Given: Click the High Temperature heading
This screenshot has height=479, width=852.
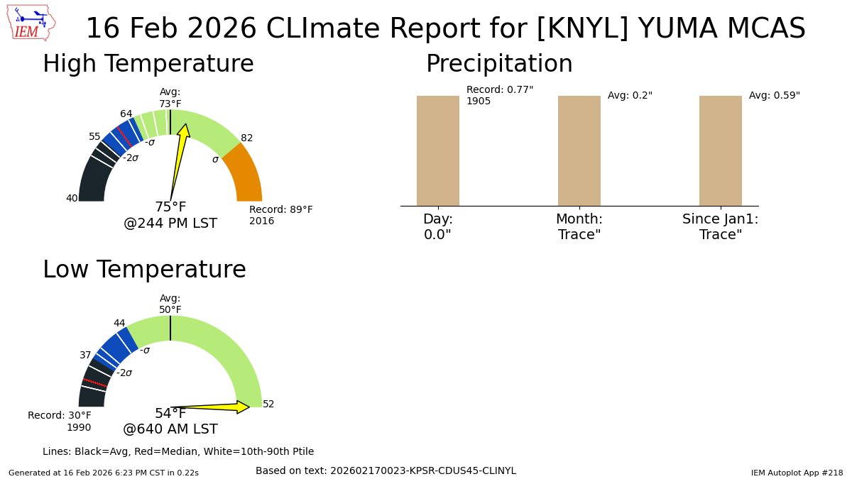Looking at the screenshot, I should pos(148,64).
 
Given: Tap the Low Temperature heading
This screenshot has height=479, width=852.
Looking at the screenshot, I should pos(144,270).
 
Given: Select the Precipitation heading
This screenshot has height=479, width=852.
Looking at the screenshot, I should pos(498,64).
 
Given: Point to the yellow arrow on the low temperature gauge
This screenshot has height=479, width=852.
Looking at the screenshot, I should pos(213,407).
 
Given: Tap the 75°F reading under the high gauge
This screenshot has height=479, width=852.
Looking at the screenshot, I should pos(170,207).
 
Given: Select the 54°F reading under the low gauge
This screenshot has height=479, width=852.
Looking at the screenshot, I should pos(170,414).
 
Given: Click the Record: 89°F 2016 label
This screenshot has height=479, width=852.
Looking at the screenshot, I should pos(280,215).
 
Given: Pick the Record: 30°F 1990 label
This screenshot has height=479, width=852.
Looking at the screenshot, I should pos(60,421).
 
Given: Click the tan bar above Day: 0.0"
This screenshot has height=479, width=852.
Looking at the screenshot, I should pos(437,150).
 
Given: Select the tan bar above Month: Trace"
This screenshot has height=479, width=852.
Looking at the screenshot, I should pos(579,150).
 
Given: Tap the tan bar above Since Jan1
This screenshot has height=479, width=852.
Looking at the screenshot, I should pos(720,150).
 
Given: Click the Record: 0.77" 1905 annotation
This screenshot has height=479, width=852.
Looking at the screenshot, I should pos(499,95).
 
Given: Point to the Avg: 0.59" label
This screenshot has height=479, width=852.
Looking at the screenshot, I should pos(774,95).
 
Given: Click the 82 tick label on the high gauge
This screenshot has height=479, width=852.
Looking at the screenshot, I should pos(247,138).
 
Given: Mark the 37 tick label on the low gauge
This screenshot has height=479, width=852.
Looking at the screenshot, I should pos(85,355).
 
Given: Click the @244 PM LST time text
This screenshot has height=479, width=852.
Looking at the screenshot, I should pos(170,224).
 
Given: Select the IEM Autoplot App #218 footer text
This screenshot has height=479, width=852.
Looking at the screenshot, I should pos(797,472).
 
